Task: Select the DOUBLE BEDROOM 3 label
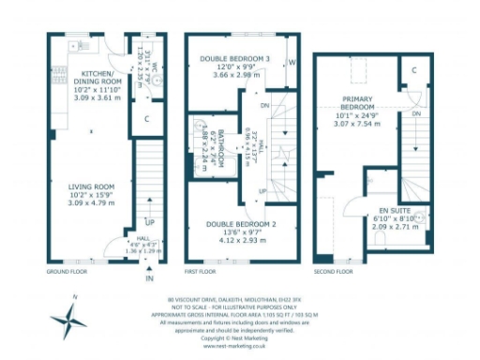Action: pos(234,59)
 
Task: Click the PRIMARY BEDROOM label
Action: pos(357,102)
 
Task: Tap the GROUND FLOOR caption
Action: pos(67,271)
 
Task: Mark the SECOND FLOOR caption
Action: pos(334,271)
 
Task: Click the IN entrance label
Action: pos(148,278)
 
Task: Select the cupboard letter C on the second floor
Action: pos(413,70)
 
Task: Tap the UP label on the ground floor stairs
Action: pos(148,223)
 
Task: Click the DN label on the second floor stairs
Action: pos(415,113)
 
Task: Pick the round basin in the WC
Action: pos(159,80)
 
